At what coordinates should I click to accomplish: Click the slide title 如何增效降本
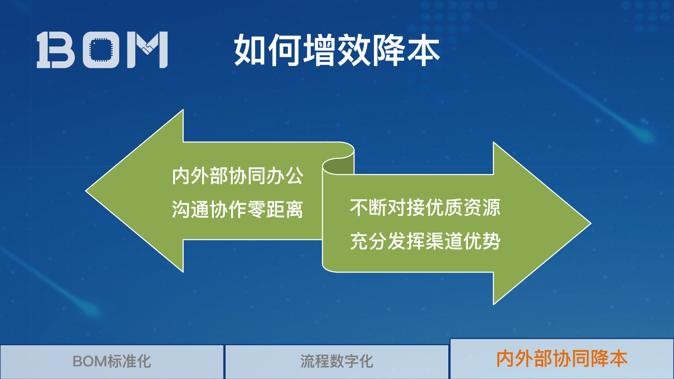[337, 50]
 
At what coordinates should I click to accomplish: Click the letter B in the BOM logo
[56, 49]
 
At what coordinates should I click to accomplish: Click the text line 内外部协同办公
[237, 176]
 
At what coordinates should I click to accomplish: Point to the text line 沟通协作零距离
[237, 210]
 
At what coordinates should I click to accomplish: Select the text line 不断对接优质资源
[425, 207]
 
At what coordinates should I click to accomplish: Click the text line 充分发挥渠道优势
[425, 241]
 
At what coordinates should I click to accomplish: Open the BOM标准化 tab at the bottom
[112, 361]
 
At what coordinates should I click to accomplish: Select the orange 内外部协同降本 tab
[562, 359]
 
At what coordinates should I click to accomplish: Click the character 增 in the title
[319, 50]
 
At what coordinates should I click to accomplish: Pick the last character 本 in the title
[423, 50]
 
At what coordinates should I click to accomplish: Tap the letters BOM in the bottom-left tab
[90, 361]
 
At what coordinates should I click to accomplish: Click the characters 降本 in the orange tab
[609, 359]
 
